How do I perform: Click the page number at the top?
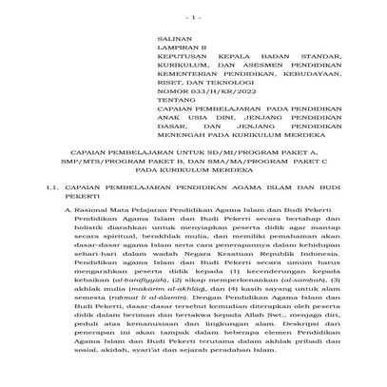[193, 18]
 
